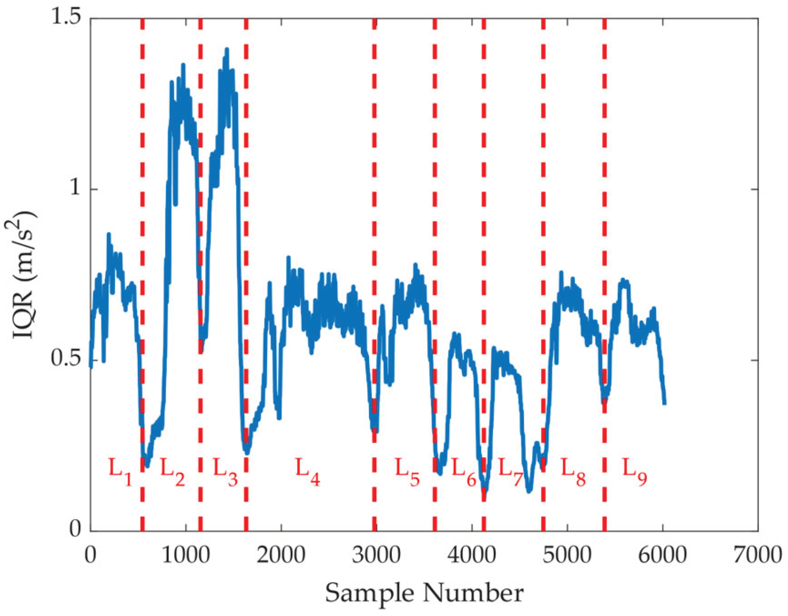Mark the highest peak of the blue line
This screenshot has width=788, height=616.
(x=226, y=49)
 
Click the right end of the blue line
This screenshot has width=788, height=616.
(x=664, y=403)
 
